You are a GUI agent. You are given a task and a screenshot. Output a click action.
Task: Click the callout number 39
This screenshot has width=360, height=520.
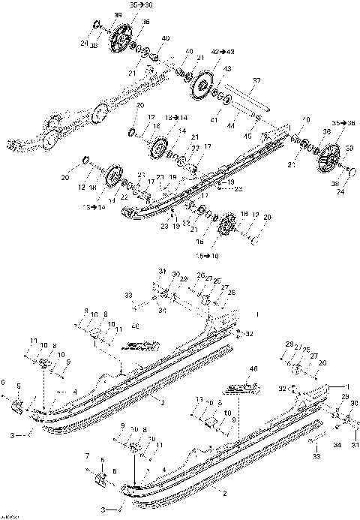coord(117,16)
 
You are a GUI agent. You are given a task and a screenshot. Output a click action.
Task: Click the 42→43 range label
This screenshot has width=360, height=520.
coord(223,51)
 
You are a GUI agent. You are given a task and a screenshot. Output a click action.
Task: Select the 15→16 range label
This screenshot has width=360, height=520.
coord(205,255)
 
